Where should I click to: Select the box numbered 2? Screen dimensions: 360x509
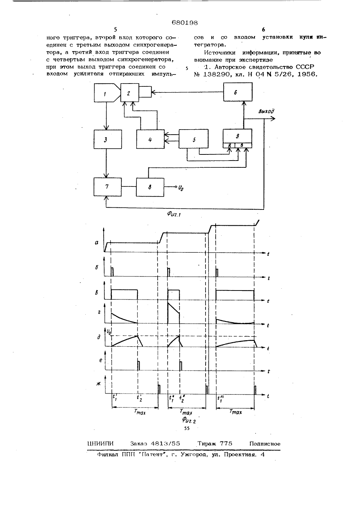(x=130, y=93)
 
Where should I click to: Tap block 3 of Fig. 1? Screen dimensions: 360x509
(x=108, y=139)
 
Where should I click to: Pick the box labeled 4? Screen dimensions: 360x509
(x=150, y=139)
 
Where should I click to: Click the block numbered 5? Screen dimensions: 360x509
(x=193, y=139)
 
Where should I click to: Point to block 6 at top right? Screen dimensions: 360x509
(x=238, y=92)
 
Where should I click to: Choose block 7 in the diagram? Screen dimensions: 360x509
(x=108, y=187)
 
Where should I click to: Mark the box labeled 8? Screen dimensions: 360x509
(x=150, y=187)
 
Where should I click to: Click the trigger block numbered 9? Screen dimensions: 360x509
(x=238, y=138)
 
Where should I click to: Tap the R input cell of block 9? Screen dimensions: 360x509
(x=229, y=145)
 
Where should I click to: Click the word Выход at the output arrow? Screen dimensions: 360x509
(x=266, y=111)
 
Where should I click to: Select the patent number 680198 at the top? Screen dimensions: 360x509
(x=185, y=23)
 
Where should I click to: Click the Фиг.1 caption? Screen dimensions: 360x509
(x=174, y=213)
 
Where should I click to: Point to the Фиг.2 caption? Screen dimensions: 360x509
(x=189, y=420)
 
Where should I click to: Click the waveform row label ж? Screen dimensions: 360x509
(x=98, y=384)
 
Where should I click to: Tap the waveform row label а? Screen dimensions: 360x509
(x=97, y=243)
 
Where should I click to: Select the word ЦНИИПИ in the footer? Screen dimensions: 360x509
(x=100, y=443)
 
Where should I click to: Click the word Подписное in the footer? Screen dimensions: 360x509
(x=265, y=443)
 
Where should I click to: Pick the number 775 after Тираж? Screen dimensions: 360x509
(x=226, y=443)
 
